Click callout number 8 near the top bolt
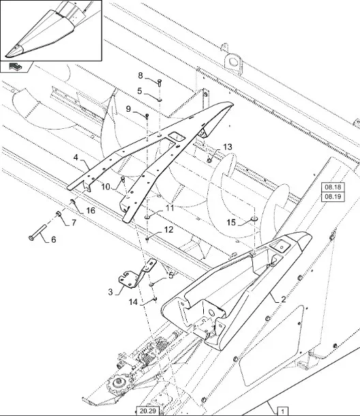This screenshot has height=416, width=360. click(x=140, y=76)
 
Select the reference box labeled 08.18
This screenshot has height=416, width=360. click(x=333, y=187)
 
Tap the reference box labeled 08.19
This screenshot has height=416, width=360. click(x=333, y=197)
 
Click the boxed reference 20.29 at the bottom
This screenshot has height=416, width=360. click(x=148, y=411)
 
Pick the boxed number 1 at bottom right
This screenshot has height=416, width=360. click(x=282, y=411)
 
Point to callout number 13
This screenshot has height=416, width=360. click(x=228, y=147)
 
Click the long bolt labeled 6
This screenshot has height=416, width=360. click(x=37, y=232)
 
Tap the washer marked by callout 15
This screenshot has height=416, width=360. click(x=254, y=219)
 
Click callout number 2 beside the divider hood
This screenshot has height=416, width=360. click(x=284, y=299)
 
